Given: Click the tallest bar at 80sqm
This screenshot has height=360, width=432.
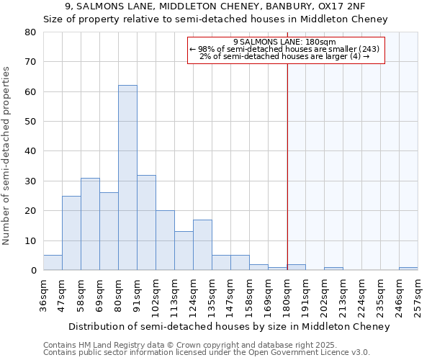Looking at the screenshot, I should [127, 178].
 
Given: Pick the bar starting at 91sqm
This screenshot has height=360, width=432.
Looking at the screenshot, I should [146, 222].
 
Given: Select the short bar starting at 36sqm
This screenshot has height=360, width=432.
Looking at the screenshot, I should [53, 263].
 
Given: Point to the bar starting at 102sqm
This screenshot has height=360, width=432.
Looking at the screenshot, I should [165, 240].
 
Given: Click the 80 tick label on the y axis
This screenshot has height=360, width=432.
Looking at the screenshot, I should [30, 32].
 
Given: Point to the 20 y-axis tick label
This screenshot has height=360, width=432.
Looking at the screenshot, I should [30, 211].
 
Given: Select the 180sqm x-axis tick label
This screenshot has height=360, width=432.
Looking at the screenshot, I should [287, 294].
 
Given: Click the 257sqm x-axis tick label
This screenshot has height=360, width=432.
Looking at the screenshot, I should [418, 294].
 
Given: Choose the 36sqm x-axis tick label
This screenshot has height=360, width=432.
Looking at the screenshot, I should [44, 294].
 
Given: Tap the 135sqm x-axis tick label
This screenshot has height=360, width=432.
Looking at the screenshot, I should [212, 294].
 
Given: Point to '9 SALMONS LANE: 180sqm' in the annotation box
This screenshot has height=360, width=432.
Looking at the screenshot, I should [286, 42].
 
